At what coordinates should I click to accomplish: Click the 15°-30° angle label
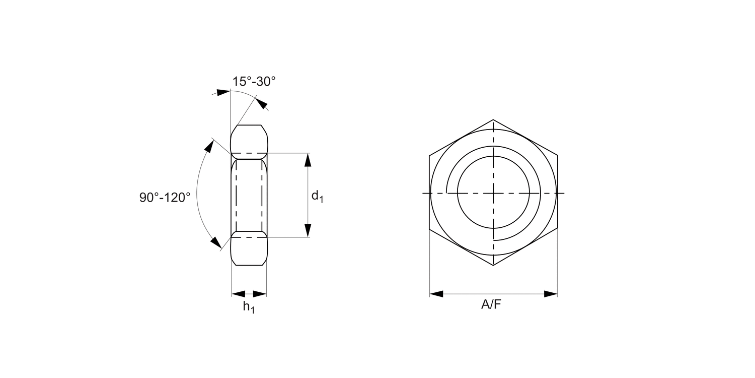coord(254,82)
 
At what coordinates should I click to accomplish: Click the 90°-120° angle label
coord(165,197)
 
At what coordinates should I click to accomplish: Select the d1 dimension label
coord(317,196)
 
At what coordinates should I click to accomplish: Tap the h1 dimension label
coord(249,306)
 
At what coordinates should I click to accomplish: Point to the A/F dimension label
coord(491,304)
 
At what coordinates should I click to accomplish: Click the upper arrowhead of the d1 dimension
coord(308,159)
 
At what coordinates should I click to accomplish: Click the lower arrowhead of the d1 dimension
coord(308,230)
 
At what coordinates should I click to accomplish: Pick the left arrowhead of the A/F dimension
coord(436,294)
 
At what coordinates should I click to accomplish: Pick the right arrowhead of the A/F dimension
coord(551,294)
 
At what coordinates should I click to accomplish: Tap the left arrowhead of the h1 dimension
coord(238,294)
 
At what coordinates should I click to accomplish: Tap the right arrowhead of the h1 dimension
coord(260,294)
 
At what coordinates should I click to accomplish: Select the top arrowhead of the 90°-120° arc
coord(207,146)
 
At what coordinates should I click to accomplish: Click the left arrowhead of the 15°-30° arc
coord(223,92)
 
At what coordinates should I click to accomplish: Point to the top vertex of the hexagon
coord(493,119)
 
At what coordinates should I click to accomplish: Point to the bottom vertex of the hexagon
coord(493,266)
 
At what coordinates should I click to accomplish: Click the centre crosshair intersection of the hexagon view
coord(493,193)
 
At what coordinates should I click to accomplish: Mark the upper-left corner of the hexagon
coord(429,155)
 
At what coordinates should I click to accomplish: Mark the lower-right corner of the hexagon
coord(558,230)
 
